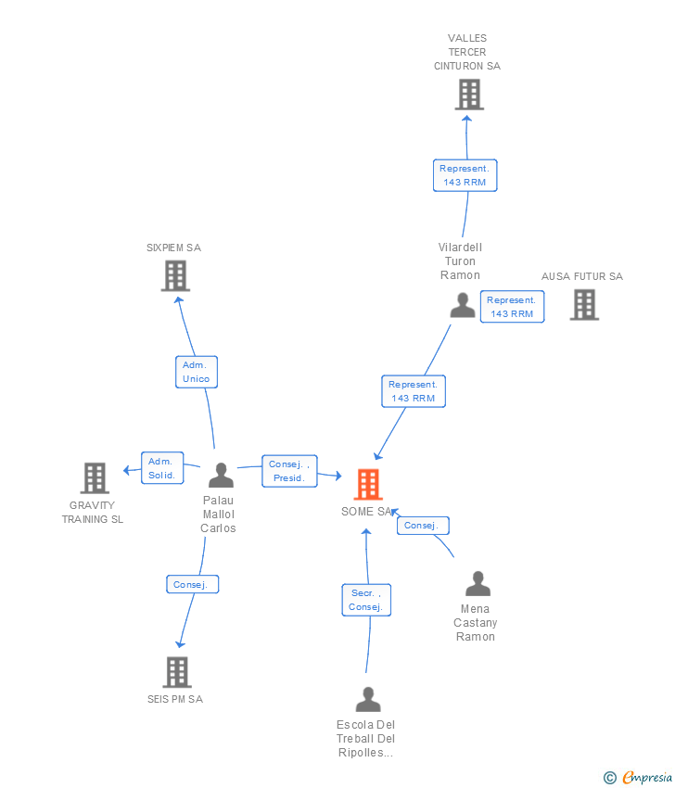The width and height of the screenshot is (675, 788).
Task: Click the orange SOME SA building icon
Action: (368, 484)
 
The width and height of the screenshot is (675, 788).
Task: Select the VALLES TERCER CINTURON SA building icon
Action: (469, 94)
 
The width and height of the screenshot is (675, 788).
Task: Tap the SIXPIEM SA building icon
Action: (175, 275)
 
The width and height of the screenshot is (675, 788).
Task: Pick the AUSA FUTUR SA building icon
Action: (583, 304)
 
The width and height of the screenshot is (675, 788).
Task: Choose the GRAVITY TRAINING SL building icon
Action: (95, 477)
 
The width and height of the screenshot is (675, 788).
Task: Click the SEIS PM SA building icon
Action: (176, 672)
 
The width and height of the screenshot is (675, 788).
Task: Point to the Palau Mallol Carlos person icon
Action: (221, 476)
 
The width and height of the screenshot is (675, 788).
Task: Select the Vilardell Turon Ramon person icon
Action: (462, 305)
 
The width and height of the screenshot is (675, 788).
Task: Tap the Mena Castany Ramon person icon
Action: (477, 584)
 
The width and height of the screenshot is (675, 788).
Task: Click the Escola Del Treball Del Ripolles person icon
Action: (368, 699)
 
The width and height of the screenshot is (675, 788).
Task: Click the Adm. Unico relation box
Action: (197, 372)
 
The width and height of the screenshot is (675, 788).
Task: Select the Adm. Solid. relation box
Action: (162, 468)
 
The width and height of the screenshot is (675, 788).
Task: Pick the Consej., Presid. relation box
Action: (289, 471)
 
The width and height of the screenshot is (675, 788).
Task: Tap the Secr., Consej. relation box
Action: (366, 600)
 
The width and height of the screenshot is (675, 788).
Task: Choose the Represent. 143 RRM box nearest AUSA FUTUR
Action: (512, 307)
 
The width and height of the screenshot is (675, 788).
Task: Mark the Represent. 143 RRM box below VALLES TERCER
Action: (465, 175)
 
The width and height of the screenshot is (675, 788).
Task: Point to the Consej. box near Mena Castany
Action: (423, 526)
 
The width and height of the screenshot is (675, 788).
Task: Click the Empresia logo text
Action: (648, 778)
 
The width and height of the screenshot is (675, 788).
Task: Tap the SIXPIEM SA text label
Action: (173, 248)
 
